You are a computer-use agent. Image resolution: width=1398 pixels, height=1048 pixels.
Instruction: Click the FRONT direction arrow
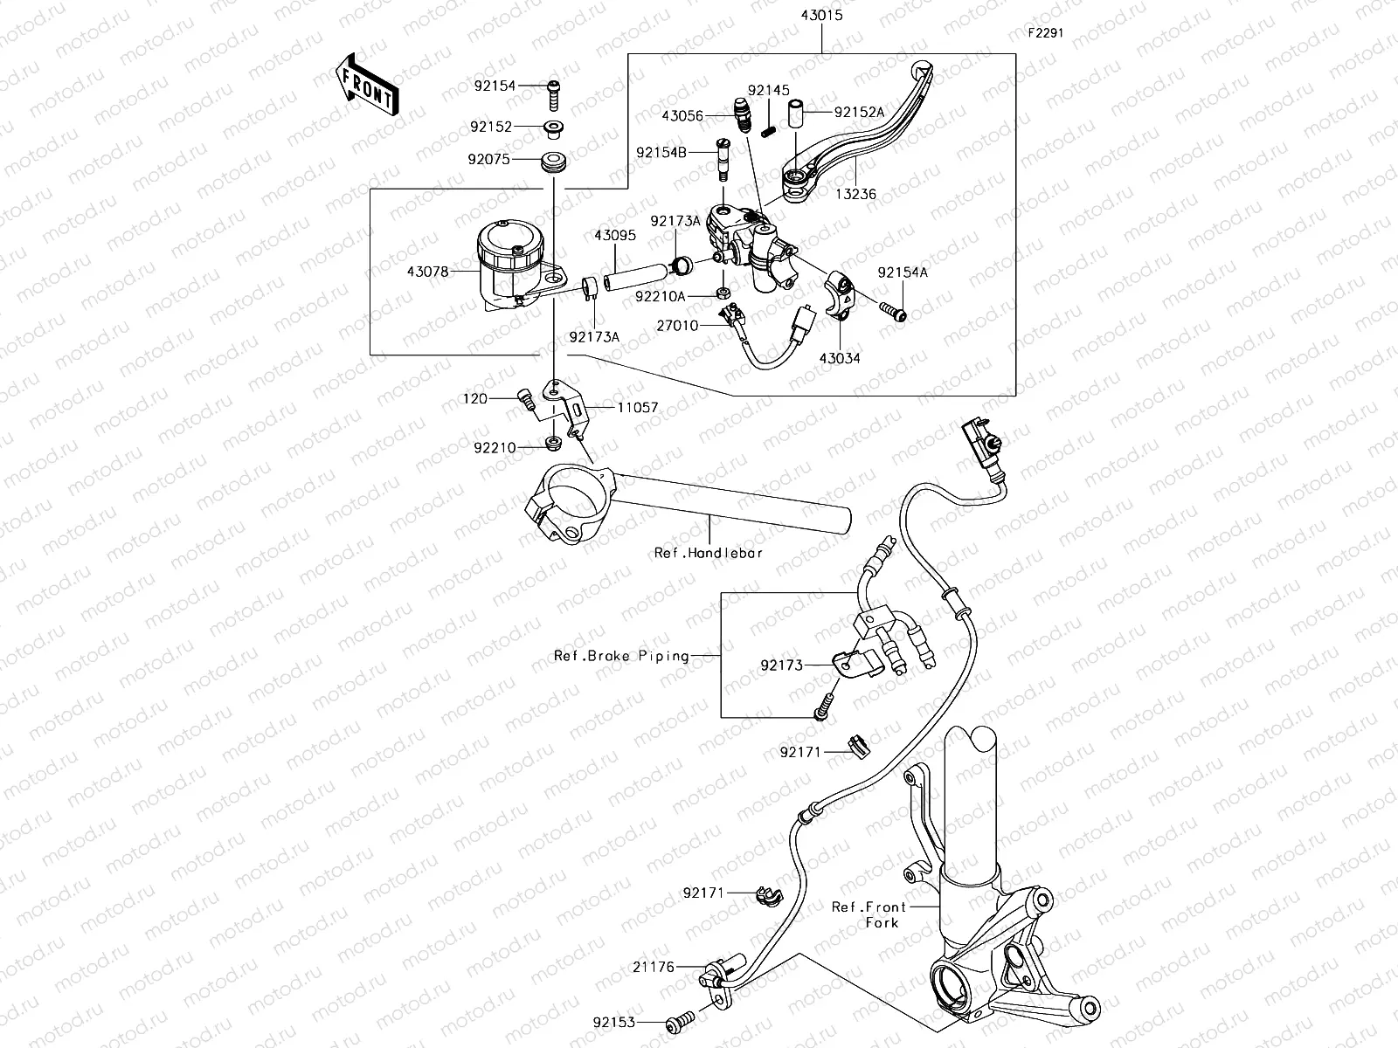(365, 85)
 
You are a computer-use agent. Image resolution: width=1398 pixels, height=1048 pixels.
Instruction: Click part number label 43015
(822, 16)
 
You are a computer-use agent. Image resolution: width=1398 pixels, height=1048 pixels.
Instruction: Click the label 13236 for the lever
(855, 195)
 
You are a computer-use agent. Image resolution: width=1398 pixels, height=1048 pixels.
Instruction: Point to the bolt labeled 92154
(554, 86)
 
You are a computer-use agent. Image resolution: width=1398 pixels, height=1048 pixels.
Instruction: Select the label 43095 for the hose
(615, 236)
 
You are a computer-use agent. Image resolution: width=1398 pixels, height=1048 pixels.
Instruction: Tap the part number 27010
(677, 326)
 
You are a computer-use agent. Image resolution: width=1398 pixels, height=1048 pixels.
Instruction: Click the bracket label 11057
(638, 408)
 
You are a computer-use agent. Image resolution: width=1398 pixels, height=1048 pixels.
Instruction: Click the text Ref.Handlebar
(709, 553)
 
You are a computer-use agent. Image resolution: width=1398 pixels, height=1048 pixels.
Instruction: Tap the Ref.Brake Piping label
(621, 656)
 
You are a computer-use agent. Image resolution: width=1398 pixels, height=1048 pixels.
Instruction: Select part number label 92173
(781, 665)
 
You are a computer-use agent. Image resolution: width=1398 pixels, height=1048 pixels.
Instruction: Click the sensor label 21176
(654, 968)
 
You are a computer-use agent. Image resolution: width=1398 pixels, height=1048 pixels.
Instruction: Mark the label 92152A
(859, 112)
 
